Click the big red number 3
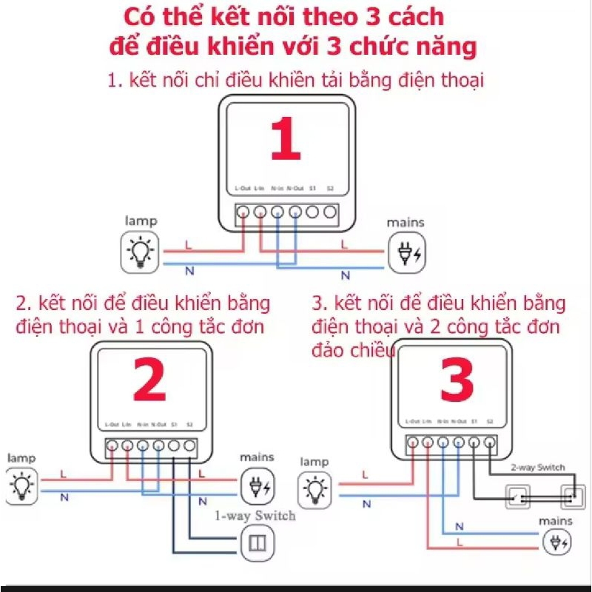(x=457, y=381)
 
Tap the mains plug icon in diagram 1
(x=406, y=252)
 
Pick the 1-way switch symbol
(x=259, y=545)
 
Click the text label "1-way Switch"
(x=255, y=516)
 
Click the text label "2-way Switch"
(x=537, y=467)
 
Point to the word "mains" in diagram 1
(x=406, y=222)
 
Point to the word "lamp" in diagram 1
(x=141, y=221)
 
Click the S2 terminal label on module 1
(x=331, y=189)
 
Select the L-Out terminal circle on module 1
(x=243, y=212)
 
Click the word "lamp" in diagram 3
(x=315, y=462)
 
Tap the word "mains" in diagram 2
(x=257, y=457)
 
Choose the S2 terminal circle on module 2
(x=189, y=446)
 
